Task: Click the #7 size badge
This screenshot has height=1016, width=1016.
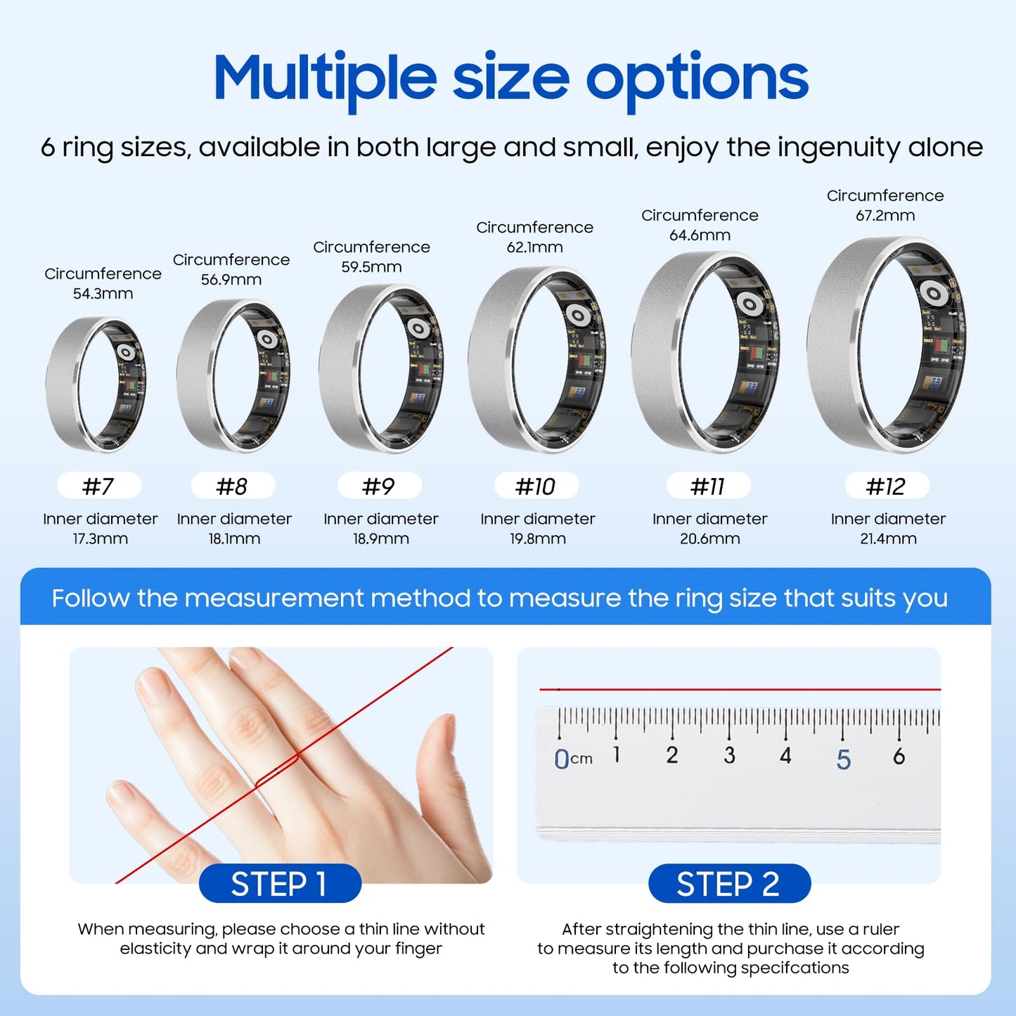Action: coord(99,486)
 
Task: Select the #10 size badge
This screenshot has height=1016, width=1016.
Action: coord(536,486)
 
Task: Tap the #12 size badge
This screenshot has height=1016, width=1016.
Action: coord(887,486)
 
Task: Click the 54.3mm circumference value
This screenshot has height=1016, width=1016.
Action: coord(103,294)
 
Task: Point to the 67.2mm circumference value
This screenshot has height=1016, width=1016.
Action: coord(885,216)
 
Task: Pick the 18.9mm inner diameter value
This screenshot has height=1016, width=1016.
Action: coord(381,539)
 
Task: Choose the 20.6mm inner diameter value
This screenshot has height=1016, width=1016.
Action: coord(709,539)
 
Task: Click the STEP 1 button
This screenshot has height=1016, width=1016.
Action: coord(280,884)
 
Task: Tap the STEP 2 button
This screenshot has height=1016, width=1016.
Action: coord(729,884)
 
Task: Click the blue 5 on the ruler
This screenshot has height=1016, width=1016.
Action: coord(844,759)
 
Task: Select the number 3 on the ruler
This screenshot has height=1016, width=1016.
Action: coord(730,756)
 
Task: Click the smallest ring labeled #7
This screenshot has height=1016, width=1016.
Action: coord(96,384)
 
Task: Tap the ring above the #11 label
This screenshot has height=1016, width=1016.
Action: coord(706,352)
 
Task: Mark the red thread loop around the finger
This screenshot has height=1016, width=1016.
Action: coord(278,770)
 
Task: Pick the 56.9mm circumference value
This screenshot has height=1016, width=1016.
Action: coord(231,280)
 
